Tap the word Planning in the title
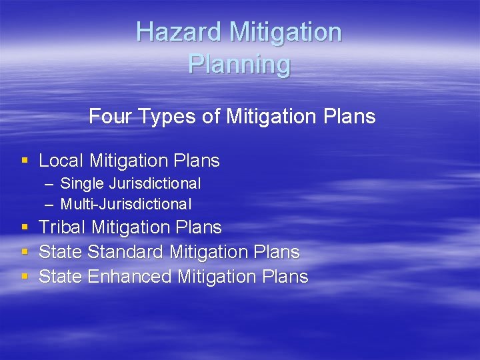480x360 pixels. [x=239, y=64]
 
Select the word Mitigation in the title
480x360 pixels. [x=285, y=32]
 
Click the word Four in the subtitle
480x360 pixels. [x=111, y=117]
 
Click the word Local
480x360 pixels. [x=61, y=161]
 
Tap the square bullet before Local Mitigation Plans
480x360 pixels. [x=25, y=161]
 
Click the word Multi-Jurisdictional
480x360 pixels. [x=126, y=204]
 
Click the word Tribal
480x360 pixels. [x=63, y=227]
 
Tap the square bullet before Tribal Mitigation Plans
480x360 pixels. [x=25, y=227]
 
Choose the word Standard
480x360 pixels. [x=126, y=252]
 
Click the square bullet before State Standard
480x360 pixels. [x=25, y=252]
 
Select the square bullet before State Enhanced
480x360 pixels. [x=25, y=277]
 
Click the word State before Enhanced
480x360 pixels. [x=61, y=277]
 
